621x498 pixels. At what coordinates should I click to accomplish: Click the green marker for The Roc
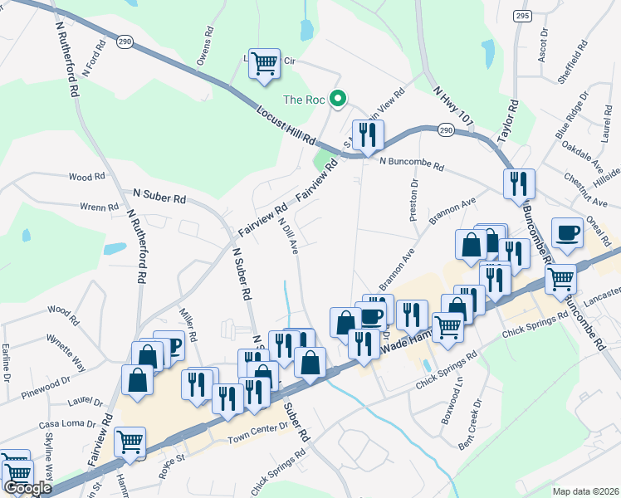point(338,100)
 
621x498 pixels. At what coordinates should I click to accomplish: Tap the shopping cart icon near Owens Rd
point(264,62)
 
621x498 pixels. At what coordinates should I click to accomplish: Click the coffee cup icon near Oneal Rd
point(568,233)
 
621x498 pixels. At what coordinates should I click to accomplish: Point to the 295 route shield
point(521,16)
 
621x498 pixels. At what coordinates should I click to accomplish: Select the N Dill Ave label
point(288,235)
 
